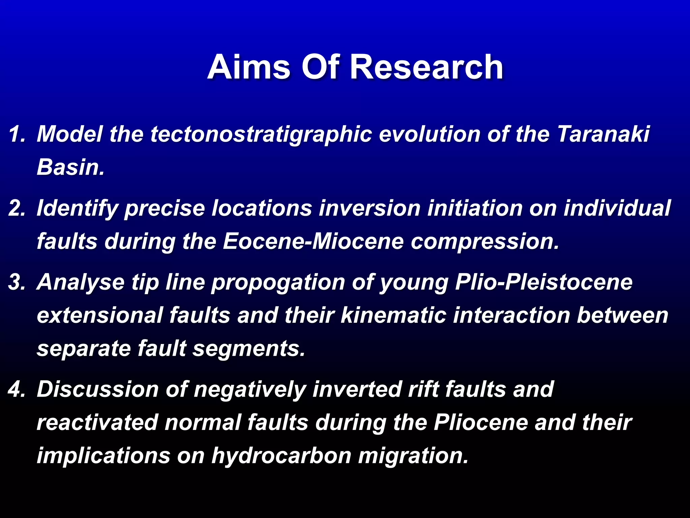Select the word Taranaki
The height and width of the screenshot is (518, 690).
[603, 134]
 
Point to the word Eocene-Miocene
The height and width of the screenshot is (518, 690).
[313, 241]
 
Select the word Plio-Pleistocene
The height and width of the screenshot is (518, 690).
[543, 282]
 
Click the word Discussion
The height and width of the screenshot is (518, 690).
[98, 389]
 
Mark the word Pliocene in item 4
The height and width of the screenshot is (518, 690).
[481, 422]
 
